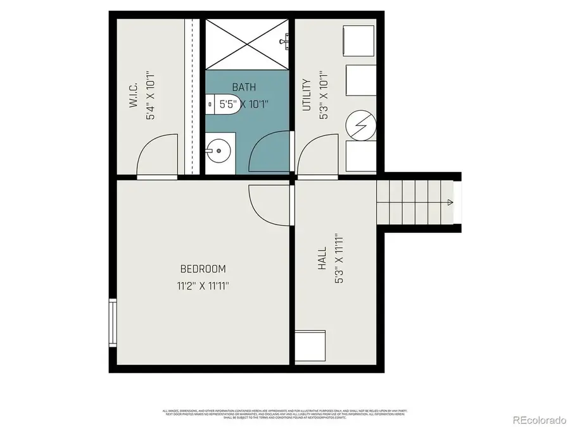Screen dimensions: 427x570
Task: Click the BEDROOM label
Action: coord(203,269)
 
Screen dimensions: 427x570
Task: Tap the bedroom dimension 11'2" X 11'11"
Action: coord(203,286)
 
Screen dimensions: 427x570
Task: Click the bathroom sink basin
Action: coord(218,151)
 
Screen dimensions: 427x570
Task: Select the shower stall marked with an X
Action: coord(246,42)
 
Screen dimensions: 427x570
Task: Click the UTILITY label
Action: coord(307,95)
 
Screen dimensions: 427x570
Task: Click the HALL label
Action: coord(322,259)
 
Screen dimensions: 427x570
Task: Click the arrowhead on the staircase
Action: coord(450,202)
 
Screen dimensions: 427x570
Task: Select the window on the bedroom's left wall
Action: coord(112,322)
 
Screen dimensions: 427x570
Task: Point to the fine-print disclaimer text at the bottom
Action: coord(285,414)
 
